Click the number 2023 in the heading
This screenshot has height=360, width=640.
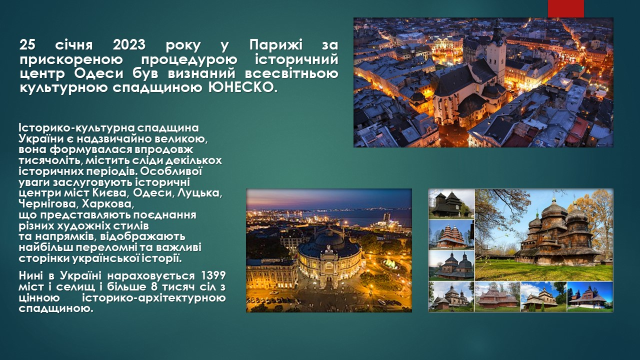pos(129,45)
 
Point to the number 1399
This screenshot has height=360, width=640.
pos(213,275)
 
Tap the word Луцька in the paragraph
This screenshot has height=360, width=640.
pos(199,193)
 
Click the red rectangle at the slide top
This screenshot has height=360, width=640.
pos(565,8)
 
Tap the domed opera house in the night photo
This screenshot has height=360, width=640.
pos(328,254)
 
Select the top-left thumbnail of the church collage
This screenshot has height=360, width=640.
pos(451,204)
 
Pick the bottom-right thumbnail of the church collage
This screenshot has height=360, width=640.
pos(590,296)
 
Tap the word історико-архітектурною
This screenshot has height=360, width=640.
pos(153,298)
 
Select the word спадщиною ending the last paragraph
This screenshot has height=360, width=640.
pos(56,309)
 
